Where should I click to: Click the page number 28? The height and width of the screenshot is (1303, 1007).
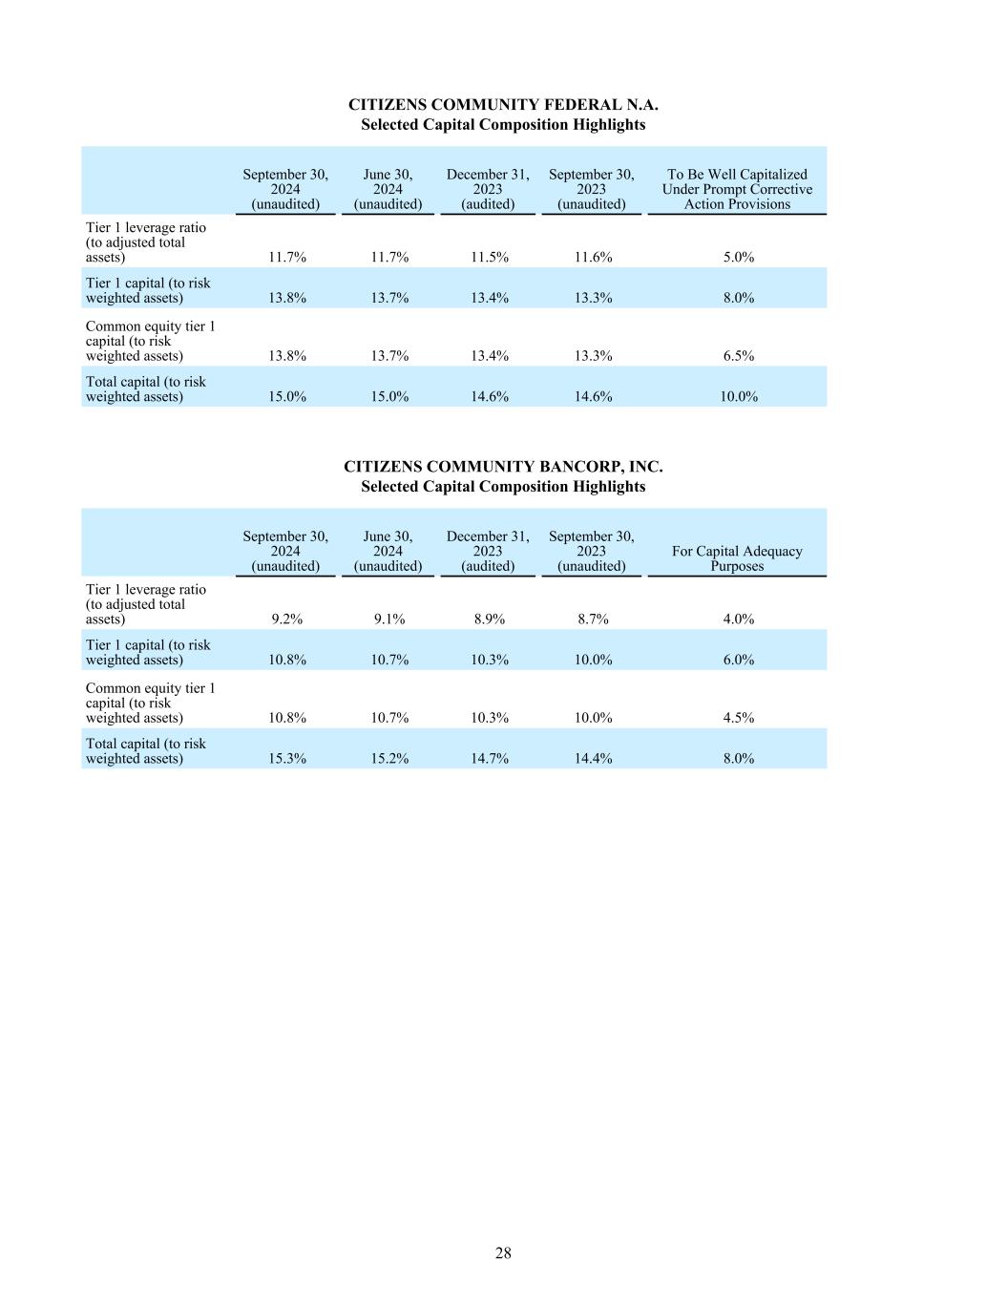[503, 1253]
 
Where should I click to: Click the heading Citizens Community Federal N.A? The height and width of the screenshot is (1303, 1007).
[503, 105]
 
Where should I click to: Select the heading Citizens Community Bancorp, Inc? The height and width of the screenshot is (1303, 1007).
[503, 467]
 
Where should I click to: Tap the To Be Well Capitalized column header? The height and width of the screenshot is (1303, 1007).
[737, 189]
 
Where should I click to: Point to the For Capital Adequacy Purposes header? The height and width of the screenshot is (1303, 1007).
[737, 558]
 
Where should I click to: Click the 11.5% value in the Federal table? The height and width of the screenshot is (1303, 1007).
[489, 258]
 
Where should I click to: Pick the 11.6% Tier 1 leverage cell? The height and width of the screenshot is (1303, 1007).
[593, 258]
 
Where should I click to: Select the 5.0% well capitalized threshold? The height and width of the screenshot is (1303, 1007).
[738, 258]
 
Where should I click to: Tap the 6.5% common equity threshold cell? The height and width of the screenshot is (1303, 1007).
[738, 356]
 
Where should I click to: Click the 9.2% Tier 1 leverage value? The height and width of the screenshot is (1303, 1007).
[286, 620]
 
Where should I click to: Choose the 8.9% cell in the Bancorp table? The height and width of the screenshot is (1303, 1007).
[489, 620]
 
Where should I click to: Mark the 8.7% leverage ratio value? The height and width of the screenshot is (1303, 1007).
[593, 620]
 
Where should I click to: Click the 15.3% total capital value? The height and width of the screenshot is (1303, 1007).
[286, 759]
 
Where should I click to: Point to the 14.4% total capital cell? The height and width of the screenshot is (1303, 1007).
[593, 759]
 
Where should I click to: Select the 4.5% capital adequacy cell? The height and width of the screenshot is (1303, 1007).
[738, 718]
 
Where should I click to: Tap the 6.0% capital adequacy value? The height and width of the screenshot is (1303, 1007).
[738, 660]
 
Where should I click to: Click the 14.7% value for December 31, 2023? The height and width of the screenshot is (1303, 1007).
[489, 759]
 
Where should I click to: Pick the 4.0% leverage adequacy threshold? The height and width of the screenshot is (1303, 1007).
[738, 620]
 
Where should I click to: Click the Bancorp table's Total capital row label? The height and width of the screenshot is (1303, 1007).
[146, 751]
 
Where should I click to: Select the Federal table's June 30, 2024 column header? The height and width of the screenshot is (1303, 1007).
[388, 189]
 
